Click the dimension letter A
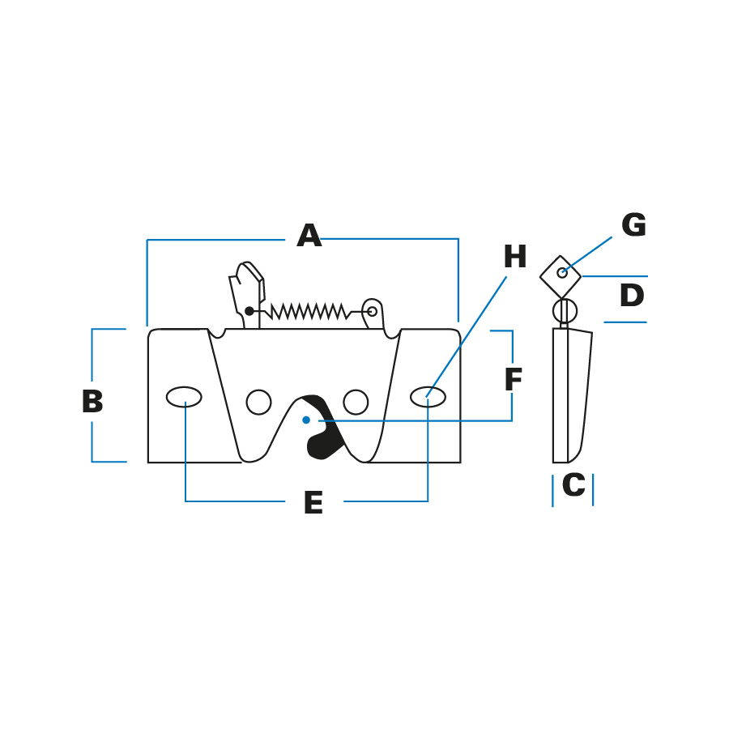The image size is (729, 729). (x=309, y=235)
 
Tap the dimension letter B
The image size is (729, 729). (x=92, y=401)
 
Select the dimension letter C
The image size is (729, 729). (x=573, y=484)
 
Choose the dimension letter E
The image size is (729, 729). (x=313, y=502)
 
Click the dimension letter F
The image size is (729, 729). (x=514, y=379)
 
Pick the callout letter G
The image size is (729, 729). (x=633, y=224)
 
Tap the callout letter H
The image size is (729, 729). (x=515, y=257)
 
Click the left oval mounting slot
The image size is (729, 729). (x=184, y=397)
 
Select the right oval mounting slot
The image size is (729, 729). (x=428, y=397)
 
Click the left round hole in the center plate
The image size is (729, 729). (x=259, y=402)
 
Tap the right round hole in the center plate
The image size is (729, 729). (x=356, y=402)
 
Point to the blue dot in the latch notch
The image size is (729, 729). (x=306, y=420)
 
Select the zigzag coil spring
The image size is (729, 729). (x=309, y=312)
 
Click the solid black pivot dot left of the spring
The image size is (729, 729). (x=249, y=311)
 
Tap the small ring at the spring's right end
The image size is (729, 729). (x=372, y=311)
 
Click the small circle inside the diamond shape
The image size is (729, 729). (x=562, y=273)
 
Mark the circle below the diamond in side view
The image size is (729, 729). (x=565, y=310)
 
